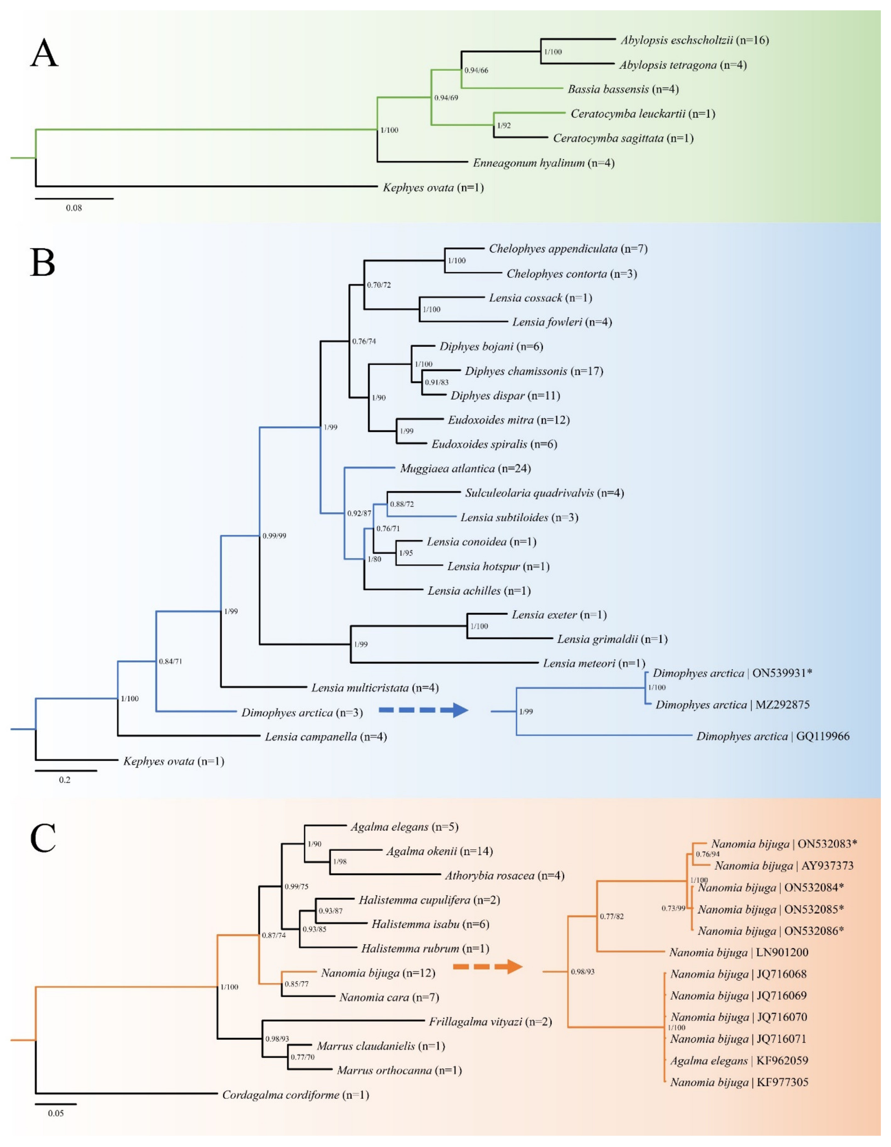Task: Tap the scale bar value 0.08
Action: coord(74,208)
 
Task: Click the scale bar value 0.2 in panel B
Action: coord(65,780)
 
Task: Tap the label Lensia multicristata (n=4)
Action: coord(375,688)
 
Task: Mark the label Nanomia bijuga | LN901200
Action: coord(739,952)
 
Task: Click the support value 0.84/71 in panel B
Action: coord(171,661)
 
